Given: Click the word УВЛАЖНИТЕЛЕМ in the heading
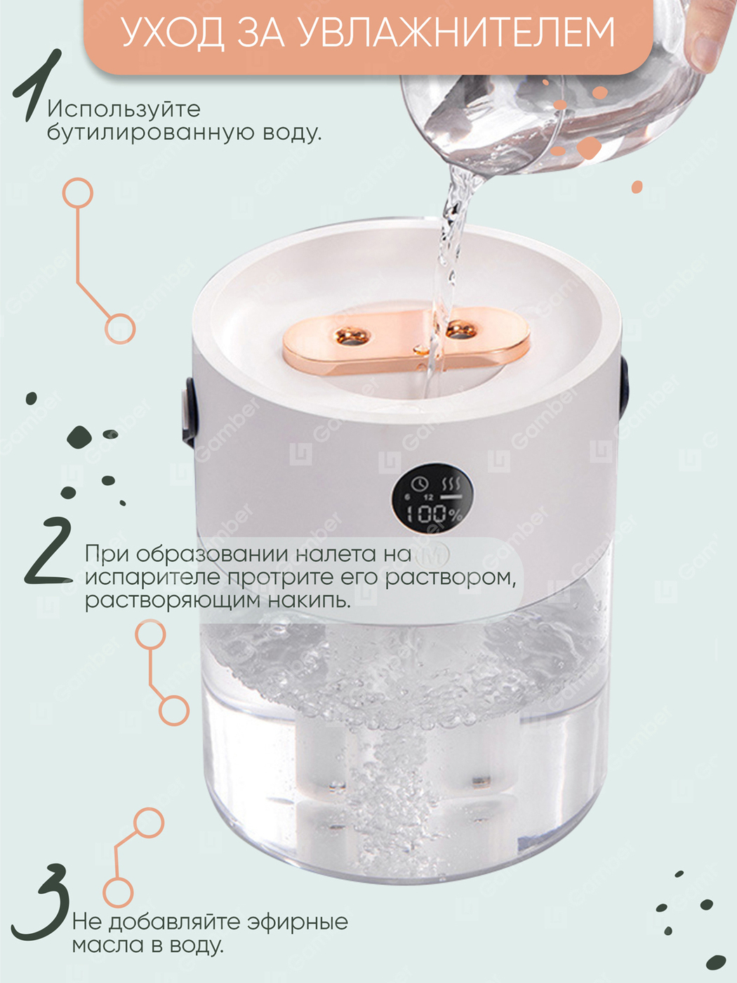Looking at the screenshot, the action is [x=456, y=33].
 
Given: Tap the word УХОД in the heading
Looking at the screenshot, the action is [x=172, y=34].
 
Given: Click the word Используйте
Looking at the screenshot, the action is [x=124, y=110].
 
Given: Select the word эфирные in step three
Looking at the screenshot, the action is [x=298, y=922].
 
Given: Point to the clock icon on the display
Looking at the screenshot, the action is [x=419, y=484].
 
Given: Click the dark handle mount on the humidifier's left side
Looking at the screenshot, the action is [x=188, y=412].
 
